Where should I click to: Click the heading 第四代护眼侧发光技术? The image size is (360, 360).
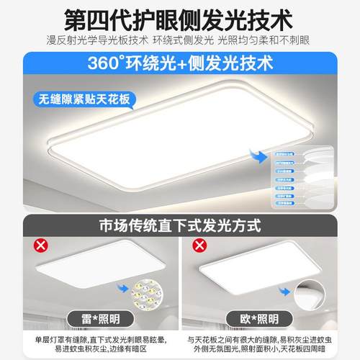[180, 16]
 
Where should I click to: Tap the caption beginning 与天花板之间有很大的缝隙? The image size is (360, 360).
[269, 343]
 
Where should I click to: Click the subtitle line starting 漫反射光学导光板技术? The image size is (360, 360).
[180, 39]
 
